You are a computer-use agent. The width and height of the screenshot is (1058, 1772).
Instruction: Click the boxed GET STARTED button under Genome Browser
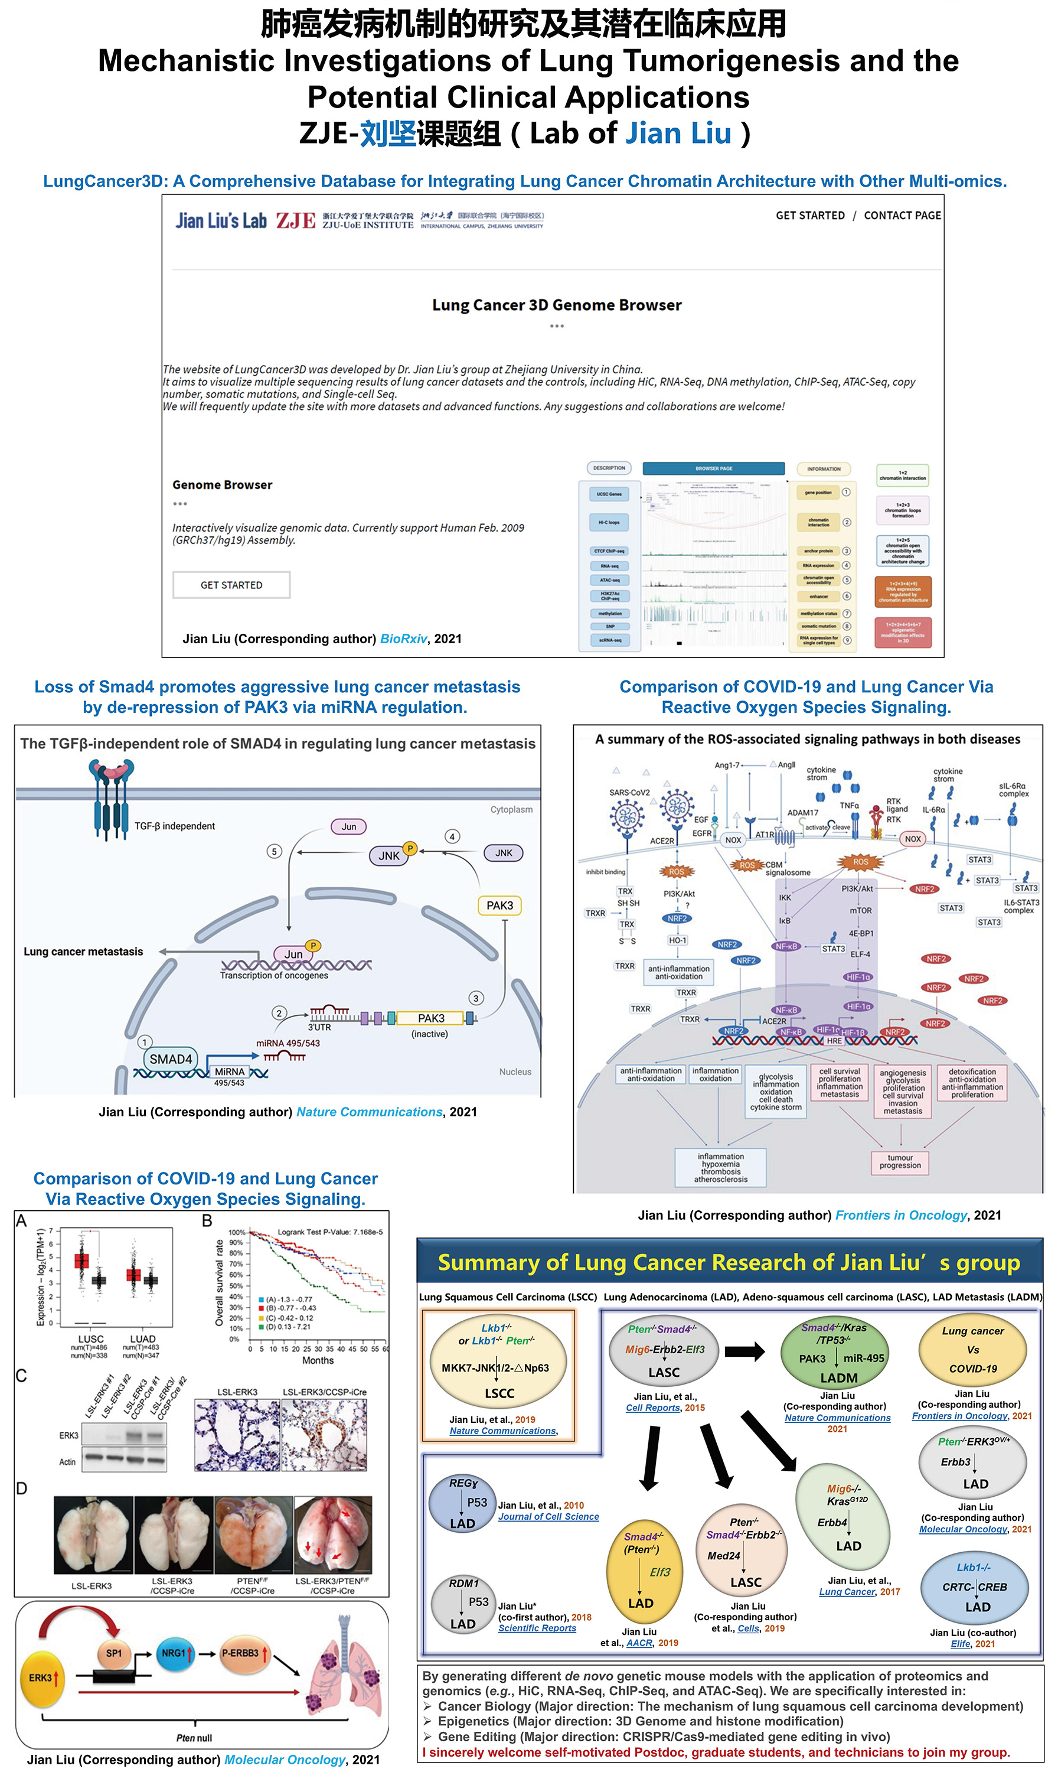coord(231,585)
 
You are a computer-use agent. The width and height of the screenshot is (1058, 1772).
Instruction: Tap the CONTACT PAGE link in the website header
coord(902,216)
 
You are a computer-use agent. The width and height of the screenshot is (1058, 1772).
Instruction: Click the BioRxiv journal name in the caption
coord(403,638)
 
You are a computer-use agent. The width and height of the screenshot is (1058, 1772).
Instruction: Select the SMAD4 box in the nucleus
coord(171,1059)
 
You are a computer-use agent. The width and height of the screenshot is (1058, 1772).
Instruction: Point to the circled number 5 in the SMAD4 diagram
coord(275,851)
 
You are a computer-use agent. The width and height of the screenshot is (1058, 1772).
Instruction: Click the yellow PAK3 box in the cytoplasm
coord(499,905)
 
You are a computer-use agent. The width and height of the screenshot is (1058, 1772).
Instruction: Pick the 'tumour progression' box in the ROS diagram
coord(900,1161)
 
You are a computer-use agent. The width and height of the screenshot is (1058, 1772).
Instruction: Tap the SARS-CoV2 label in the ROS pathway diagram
coord(629,792)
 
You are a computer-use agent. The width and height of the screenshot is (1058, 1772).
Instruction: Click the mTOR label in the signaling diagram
coord(861,911)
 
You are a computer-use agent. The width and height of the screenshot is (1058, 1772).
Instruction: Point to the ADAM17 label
coord(803,812)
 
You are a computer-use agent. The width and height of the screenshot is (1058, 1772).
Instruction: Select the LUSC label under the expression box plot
coord(90,1338)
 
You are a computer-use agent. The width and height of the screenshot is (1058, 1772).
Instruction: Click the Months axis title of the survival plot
coord(318,1360)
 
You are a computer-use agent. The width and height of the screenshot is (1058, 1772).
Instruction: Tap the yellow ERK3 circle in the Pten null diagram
coord(43,1678)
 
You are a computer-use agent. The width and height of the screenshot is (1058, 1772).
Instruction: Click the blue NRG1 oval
coord(175,1653)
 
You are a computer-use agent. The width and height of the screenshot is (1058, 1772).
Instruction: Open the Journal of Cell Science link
coord(548,1517)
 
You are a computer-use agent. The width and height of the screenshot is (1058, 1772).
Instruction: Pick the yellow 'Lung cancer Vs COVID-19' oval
coord(972,1349)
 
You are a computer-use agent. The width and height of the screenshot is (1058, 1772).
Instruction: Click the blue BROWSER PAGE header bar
coord(714,468)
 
